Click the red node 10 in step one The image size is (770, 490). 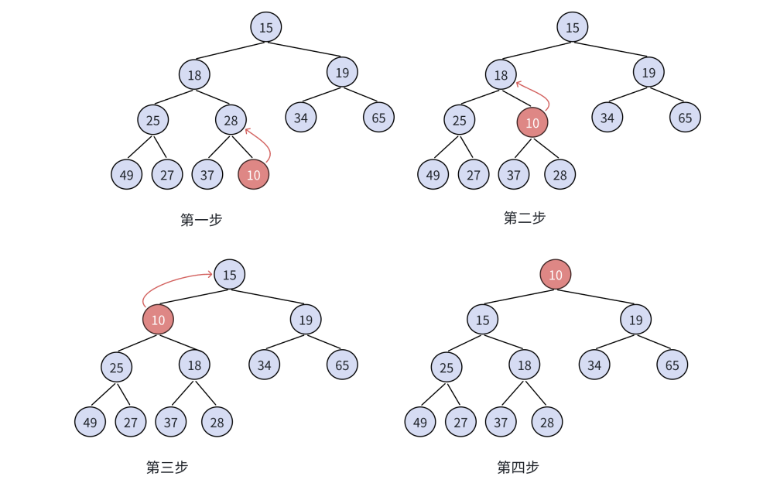[253, 174]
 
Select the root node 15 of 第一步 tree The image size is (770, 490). [266, 28]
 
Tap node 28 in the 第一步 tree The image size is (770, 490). [231, 120]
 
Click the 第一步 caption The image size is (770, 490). [201, 220]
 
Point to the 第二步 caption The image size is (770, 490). [524, 218]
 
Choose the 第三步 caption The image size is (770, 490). [167, 467]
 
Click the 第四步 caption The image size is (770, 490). [518, 467]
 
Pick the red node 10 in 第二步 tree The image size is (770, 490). [532, 123]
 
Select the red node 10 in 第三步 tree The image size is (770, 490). [158, 320]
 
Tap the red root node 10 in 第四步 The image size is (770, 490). [556, 275]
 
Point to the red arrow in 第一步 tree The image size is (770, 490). [262, 145]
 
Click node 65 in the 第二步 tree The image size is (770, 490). [685, 118]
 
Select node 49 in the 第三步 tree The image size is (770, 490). [91, 423]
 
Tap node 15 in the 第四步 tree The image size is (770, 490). [483, 320]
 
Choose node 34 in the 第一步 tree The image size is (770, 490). [300, 118]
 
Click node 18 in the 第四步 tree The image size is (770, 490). [524, 365]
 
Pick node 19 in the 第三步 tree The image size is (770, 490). [306, 320]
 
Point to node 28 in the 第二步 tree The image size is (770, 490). [560, 174]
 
